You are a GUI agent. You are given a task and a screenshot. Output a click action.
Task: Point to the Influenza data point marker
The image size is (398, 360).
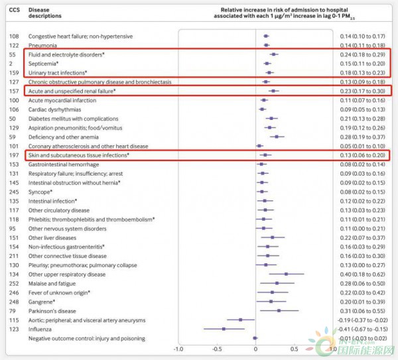click(x=224, y=329)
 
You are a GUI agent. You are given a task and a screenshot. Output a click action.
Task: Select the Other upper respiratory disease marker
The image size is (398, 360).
click(x=286, y=274)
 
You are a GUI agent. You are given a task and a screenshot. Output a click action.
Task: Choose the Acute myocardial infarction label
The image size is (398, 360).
click(x=62, y=100)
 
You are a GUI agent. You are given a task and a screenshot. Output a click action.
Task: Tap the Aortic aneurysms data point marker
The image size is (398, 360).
click(x=240, y=320)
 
